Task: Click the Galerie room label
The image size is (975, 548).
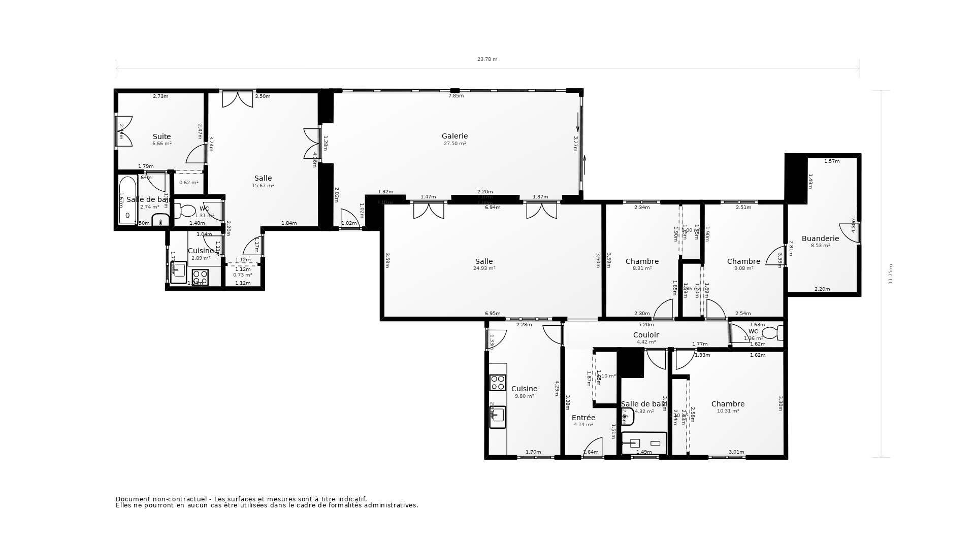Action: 454,136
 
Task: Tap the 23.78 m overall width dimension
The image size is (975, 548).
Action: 487,59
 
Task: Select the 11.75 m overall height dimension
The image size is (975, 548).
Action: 890,274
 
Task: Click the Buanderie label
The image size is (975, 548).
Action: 820,238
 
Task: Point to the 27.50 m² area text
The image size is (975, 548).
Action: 454,144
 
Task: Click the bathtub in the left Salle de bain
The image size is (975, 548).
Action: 127,200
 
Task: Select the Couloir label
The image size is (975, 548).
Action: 646,335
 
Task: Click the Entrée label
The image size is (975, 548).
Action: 583,418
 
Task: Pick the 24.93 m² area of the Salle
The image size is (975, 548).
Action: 484,268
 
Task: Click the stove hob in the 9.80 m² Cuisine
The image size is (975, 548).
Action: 498,383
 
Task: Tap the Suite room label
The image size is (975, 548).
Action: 162,136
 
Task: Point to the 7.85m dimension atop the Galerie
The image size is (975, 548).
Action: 456,96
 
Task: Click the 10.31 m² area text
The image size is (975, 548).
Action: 728,411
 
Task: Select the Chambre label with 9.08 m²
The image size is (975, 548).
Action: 743,261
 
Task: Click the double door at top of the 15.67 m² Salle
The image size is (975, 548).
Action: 238,99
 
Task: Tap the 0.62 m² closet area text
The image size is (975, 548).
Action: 188,183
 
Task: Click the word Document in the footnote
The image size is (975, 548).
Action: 131,499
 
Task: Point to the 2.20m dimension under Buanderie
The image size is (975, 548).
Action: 822,289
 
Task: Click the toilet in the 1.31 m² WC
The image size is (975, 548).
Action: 187,211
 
